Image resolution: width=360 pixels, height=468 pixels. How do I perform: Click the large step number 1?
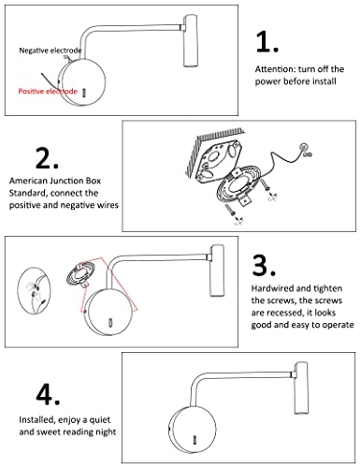click(x=266, y=41)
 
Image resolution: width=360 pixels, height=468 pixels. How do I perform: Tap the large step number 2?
click(x=47, y=158)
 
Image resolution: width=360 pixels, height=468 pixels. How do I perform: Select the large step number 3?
click(x=264, y=265)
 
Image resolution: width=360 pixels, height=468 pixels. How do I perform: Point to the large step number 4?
click(x=48, y=395)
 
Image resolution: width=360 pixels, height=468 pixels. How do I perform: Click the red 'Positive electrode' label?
click(x=48, y=91)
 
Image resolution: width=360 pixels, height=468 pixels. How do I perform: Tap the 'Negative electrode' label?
click(x=50, y=51)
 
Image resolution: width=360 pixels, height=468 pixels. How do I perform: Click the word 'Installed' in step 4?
click(x=36, y=420)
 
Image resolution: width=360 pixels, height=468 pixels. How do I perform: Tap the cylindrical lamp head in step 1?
click(x=190, y=40)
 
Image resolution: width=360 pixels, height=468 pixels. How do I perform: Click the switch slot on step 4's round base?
click(x=194, y=440)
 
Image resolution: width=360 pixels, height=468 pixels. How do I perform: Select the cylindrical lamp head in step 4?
click(x=301, y=388)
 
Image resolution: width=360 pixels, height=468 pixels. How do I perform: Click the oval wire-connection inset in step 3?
click(x=34, y=290)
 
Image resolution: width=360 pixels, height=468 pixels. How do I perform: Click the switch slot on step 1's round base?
click(x=84, y=93)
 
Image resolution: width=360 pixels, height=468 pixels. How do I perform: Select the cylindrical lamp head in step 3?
click(x=217, y=271)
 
